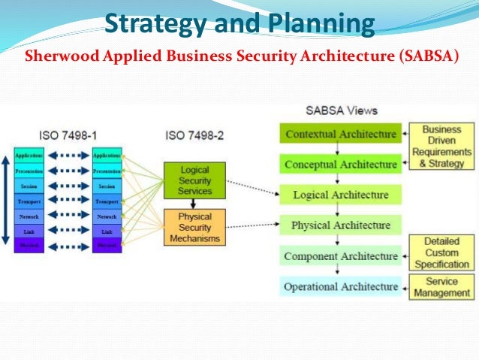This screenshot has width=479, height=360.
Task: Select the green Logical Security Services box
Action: [194, 181]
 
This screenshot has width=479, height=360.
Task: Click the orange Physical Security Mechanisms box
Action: [194, 227]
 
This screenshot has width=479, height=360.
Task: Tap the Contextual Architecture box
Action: [339, 134]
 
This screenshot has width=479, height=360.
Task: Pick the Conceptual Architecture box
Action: [339, 164]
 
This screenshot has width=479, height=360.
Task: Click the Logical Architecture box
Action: [339, 195]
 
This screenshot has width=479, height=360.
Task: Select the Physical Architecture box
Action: [339, 225]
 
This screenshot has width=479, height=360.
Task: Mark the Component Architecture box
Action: [339, 256]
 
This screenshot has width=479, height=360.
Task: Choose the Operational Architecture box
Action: [339, 286]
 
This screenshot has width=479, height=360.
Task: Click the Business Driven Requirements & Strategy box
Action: [446, 147]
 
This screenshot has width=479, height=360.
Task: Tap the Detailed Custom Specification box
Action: [443, 252]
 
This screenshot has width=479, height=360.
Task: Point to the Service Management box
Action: [443, 287]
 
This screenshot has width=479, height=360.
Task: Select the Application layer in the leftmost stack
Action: [29, 155]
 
